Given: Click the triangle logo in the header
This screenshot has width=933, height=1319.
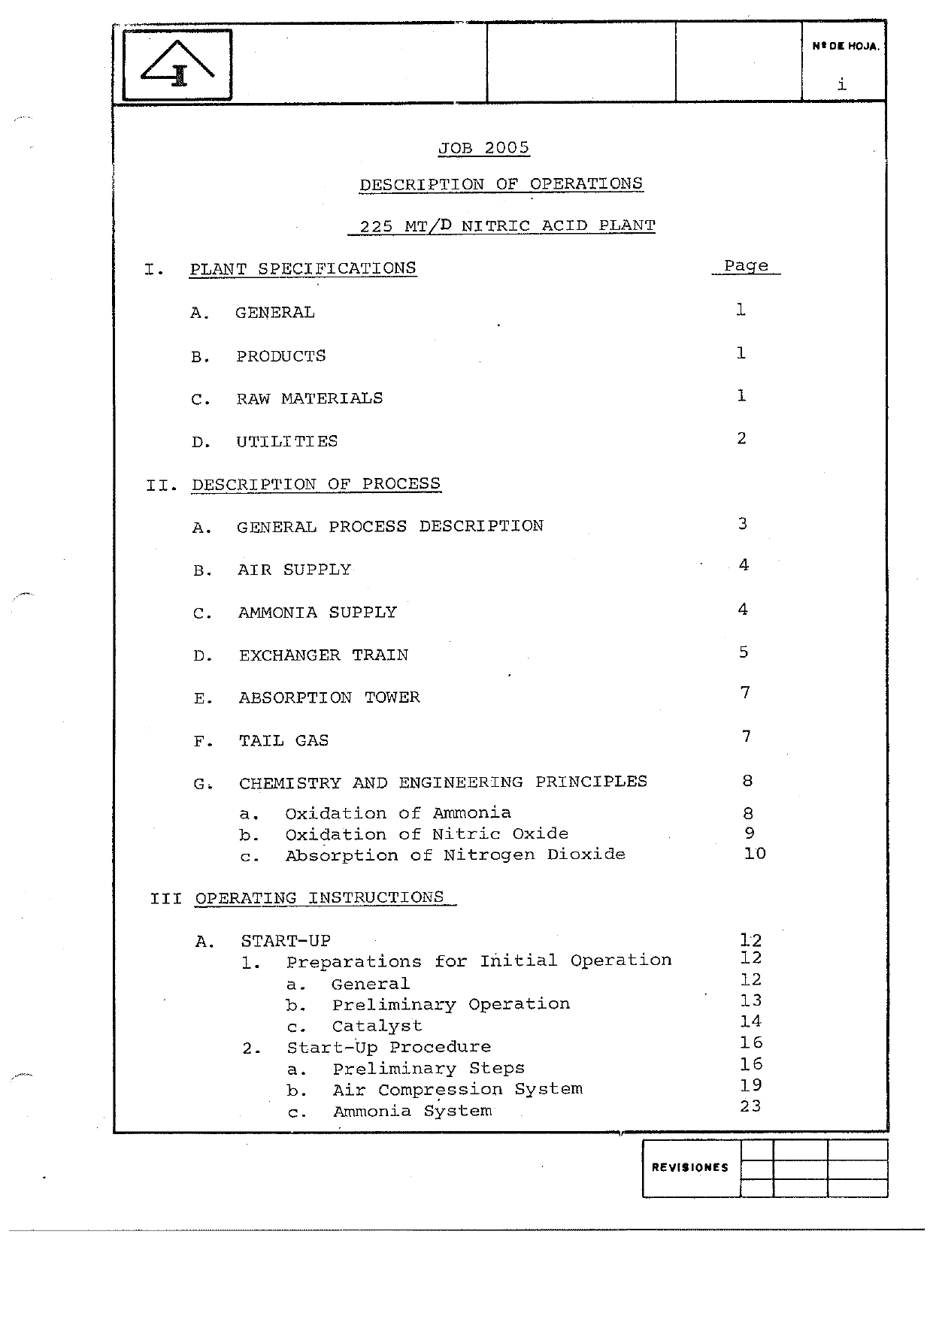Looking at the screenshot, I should [x=177, y=65].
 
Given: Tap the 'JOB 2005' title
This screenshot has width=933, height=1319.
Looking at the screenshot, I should [x=483, y=148].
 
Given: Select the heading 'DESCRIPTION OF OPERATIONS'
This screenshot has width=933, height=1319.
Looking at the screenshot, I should [x=501, y=184].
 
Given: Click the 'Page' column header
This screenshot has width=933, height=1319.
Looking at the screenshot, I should [x=746, y=266].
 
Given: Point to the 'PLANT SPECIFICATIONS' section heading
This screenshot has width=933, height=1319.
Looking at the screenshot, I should [x=303, y=268].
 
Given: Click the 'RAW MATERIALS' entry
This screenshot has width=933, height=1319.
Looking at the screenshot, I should [x=309, y=398].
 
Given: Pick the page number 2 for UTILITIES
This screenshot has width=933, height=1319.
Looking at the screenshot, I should [x=741, y=438].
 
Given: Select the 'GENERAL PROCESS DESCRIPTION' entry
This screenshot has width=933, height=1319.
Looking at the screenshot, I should [x=389, y=526].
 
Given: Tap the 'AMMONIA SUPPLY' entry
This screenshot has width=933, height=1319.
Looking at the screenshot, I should [x=317, y=613].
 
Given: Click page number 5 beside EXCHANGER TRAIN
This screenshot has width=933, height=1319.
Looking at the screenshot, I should [x=743, y=652].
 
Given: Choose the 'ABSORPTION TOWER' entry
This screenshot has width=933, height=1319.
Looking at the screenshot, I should [x=329, y=697].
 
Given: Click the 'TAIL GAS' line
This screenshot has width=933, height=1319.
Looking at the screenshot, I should [x=283, y=740].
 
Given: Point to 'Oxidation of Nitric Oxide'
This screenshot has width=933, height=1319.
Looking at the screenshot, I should [x=426, y=834].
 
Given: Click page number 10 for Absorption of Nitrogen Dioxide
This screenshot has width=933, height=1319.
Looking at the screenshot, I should [x=754, y=854].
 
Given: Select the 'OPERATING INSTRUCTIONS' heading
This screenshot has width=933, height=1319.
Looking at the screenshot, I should [x=320, y=898].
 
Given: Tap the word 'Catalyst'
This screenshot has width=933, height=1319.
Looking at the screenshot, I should [x=377, y=1026].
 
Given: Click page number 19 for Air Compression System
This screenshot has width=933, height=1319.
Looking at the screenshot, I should [x=750, y=1085].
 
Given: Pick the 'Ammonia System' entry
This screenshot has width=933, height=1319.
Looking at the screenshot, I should [x=412, y=1111].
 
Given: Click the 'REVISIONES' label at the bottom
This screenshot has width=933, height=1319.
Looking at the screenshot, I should [x=689, y=1167].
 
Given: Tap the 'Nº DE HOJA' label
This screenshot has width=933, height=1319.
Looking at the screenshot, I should [x=845, y=47].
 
